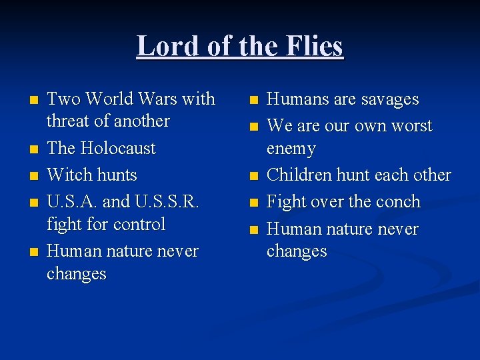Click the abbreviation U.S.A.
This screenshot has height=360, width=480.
71,202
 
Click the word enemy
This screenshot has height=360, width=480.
291,148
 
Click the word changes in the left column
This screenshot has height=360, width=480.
77,274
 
